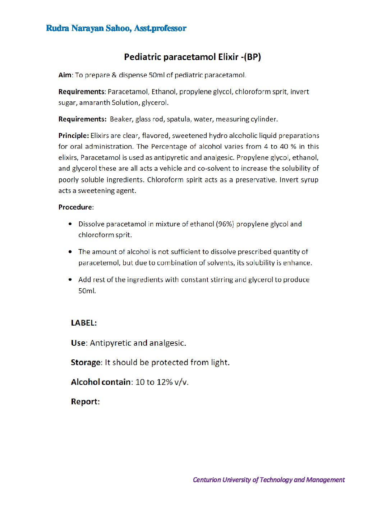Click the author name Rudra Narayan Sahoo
coord(88,28)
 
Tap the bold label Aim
coord(65,75)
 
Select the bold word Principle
coord(73,136)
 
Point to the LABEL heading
coord(83,323)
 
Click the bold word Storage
coord(86,362)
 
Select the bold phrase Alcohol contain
coord(101,382)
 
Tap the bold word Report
coord(84,401)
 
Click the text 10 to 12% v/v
coord(162,382)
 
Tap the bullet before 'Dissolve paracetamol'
coord(70,224)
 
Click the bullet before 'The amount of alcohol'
coord(70,252)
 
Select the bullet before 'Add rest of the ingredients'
coord(70,280)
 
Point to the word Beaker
coord(121,119)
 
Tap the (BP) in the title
coord(253,57)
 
